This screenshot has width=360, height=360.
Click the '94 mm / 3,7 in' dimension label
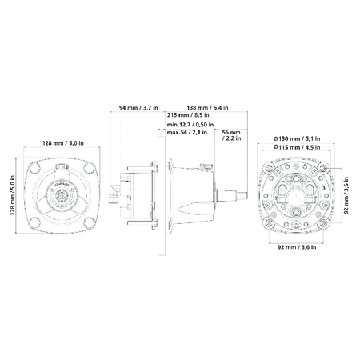tap(138, 108)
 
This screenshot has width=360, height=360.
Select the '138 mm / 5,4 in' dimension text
tap(207, 108)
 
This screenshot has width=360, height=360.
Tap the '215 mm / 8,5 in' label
tap(188, 115)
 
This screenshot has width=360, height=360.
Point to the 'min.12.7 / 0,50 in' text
tap(190, 125)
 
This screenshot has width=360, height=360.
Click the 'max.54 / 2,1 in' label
tap(187, 132)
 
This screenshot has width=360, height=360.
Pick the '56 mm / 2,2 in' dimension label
tap(231, 135)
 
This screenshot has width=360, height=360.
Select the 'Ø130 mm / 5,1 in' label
tap(297, 138)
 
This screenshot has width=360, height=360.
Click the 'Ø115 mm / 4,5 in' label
tap(297, 147)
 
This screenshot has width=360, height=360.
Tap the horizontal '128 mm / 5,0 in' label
tap(63, 143)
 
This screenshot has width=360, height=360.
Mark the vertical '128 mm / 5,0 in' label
tap(12, 195)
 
